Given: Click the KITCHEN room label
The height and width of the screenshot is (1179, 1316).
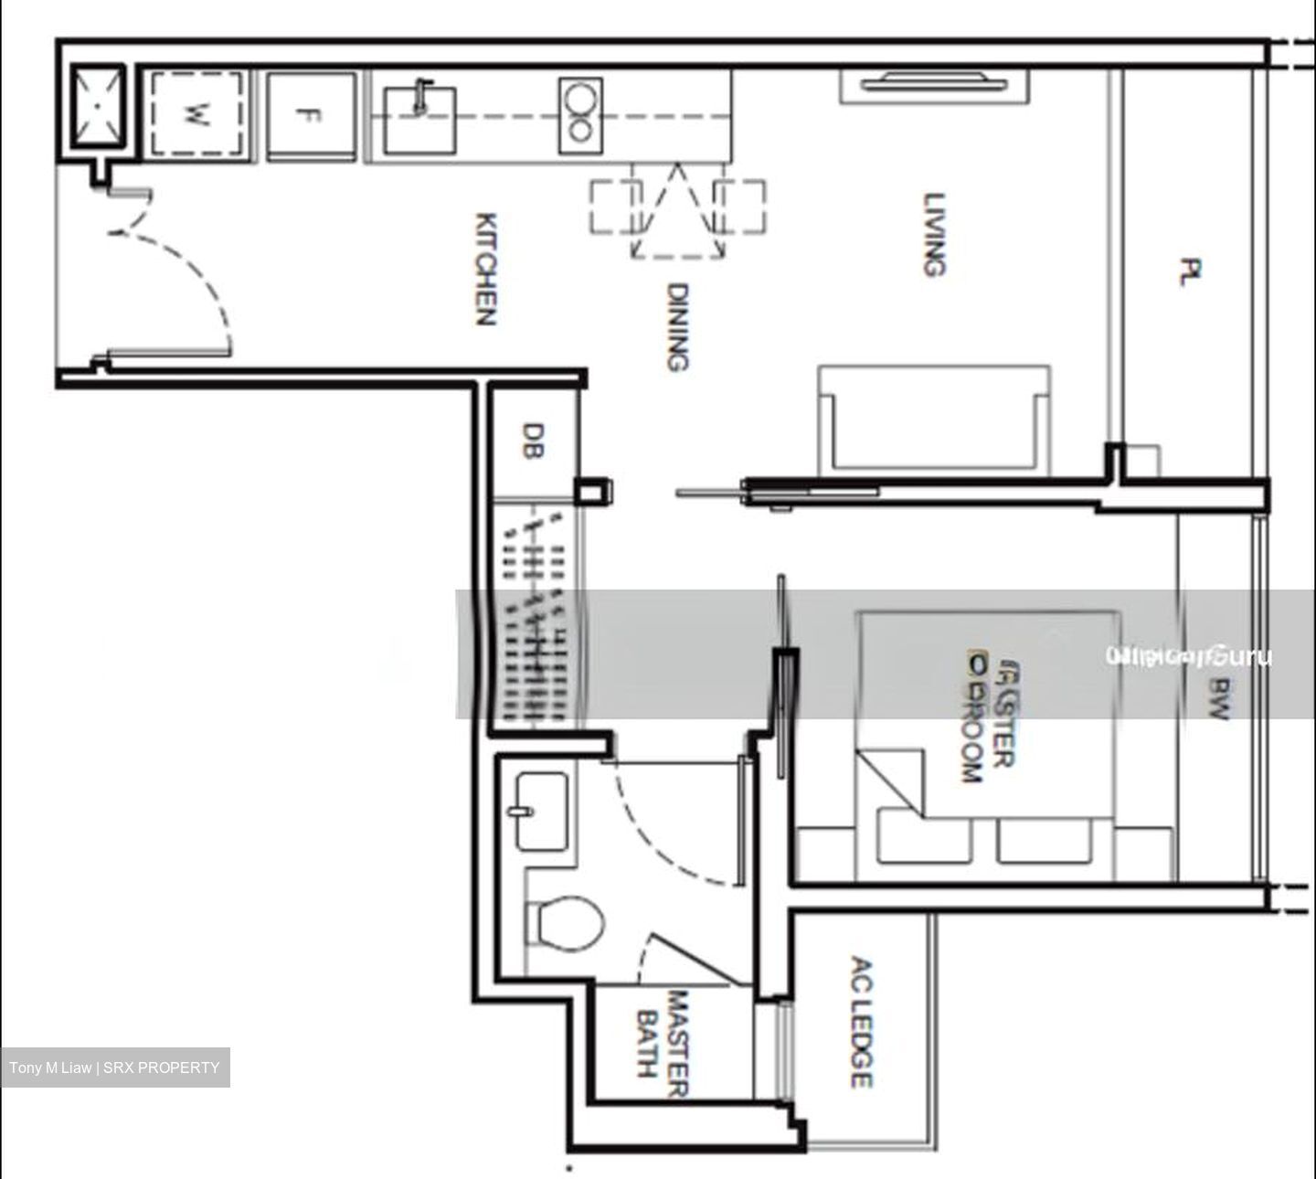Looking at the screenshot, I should (486, 270).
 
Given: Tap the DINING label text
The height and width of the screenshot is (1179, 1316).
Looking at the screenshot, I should (676, 327).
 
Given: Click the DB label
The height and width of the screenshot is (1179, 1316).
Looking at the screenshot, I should (533, 441).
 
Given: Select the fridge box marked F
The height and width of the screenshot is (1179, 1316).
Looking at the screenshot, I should (310, 116).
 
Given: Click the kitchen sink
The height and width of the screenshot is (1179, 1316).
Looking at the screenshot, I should (419, 119).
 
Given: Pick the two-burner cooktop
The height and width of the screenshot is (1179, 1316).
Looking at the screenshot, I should (580, 114).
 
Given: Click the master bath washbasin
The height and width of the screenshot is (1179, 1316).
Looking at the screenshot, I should (540, 811).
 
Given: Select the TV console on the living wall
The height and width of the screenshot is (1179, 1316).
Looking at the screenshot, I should (933, 85).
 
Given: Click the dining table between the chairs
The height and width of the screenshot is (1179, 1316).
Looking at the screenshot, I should (676, 210).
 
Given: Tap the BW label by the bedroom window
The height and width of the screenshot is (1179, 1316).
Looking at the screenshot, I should (1217, 698).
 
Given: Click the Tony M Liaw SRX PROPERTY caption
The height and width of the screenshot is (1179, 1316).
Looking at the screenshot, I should (115, 1067).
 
